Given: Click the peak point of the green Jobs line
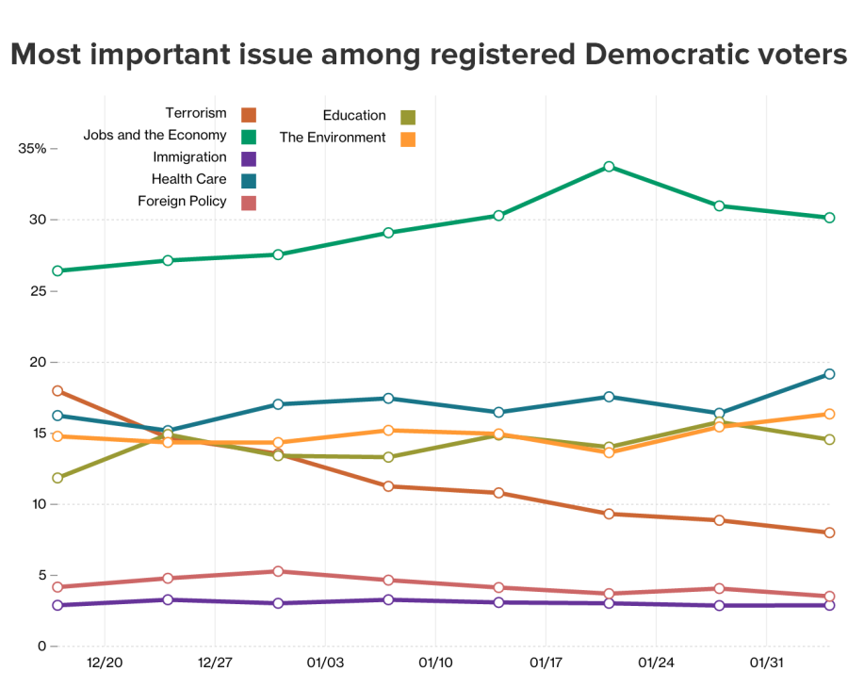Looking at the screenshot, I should pyautogui.click(x=610, y=167).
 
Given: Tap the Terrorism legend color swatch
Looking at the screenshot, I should pyautogui.click(x=249, y=115).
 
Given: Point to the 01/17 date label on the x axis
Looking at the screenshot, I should pyautogui.click(x=546, y=663).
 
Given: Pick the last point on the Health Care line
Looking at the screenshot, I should pyautogui.click(x=829, y=374).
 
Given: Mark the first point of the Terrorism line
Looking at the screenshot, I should pyautogui.click(x=57, y=390).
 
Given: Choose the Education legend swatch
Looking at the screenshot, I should pyautogui.click(x=408, y=117).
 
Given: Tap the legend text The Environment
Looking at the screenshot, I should pyautogui.click(x=333, y=138).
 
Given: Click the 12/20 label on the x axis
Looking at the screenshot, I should pyautogui.click(x=105, y=663).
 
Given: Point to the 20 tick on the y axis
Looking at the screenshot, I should pyautogui.click(x=39, y=362).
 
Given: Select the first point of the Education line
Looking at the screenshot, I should pyautogui.click(x=57, y=478).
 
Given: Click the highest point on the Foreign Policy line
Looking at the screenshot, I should pyautogui.click(x=278, y=571).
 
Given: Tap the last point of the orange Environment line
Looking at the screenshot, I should pyautogui.click(x=829, y=414).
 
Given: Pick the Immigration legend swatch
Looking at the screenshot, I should pyautogui.click(x=249, y=158).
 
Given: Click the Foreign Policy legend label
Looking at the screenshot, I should pyautogui.click(x=182, y=201).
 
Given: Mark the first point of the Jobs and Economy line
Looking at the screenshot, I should pyautogui.click(x=57, y=270).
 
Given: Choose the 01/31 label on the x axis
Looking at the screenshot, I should pyautogui.click(x=766, y=663).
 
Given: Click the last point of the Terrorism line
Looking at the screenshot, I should pyautogui.click(x=829, y=532).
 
